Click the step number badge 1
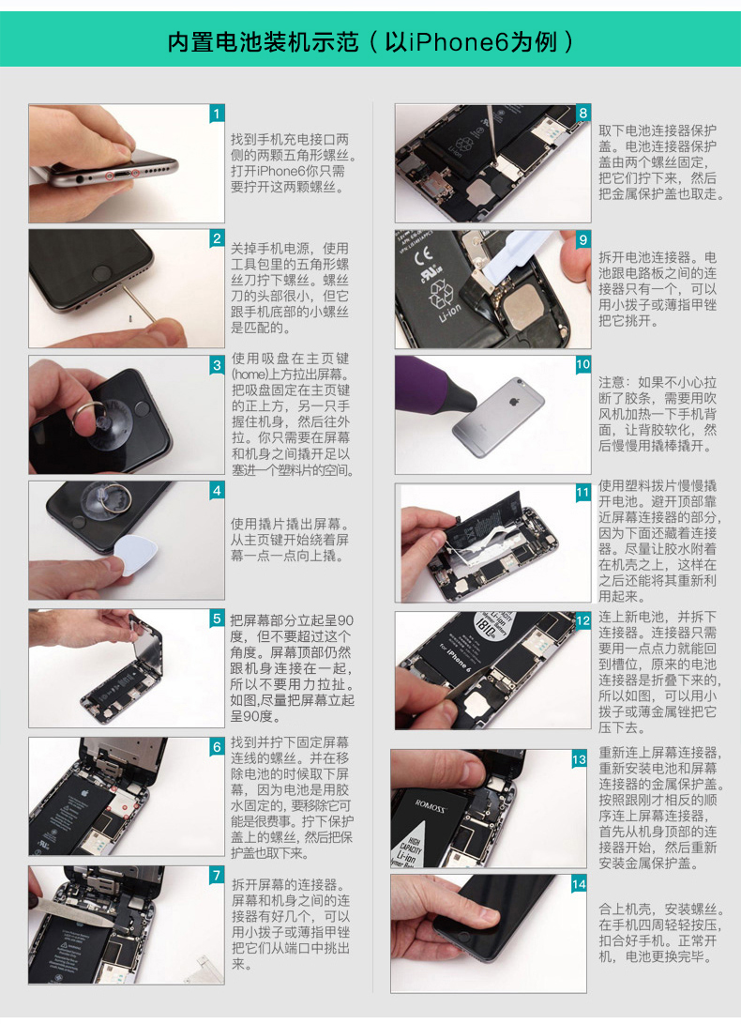coord(217,114)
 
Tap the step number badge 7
coord(217,875)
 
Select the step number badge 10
coord(583,364)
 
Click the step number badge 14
coord(579,884)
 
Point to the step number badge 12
coord(583,620)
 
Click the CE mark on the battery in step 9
coord(422,256)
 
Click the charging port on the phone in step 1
coord(121,175)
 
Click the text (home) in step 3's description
coord(249,374)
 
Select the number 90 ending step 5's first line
coord(346,620)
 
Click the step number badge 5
coord(217,618)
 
